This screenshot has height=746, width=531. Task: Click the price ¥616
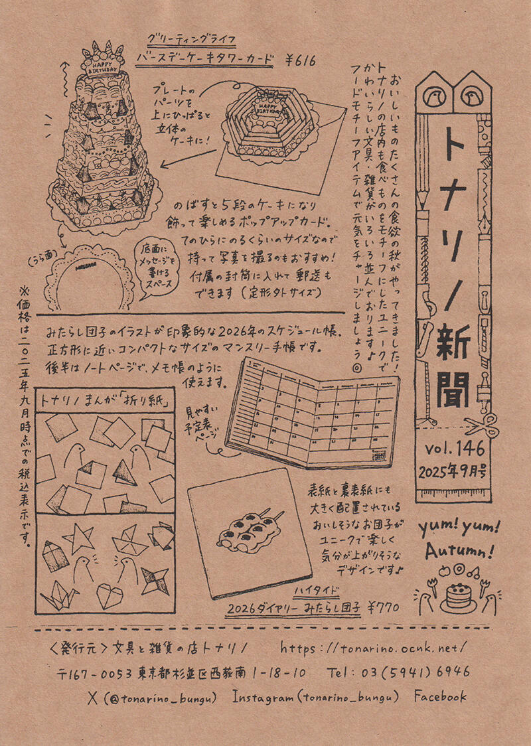tap(299, 61)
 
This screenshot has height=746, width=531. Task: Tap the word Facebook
tap(440, 696)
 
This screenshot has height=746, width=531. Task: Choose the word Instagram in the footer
tap(264, 696)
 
